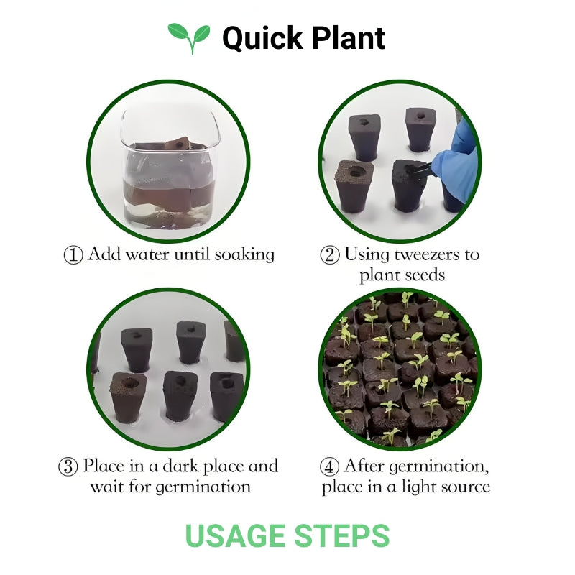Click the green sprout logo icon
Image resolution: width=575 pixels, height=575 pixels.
pyautogui.click(x=189, y=37)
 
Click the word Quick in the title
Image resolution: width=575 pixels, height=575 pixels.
pyautogui.click(x=259, y=37)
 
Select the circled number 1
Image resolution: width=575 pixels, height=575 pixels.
pyautogui.click(x=73, y=255)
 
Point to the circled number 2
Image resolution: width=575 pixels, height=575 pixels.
pyautogui.click(x=330, y=255)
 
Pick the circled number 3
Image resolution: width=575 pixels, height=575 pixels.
pyautogui.click(x=68, y=466)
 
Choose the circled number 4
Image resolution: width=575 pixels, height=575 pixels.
pyautogui.click(x=330, y=466)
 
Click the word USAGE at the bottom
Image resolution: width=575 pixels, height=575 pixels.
pyautogui.click(x=236, y=536)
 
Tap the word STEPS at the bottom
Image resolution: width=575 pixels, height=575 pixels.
pyautogui.click(x=342, y=536)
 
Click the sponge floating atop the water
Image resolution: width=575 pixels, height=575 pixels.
pyautogui.click(x=175, y=144)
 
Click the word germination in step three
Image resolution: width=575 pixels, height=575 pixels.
pyautogui.click(x=203, y=487)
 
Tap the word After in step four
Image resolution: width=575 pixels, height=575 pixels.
pyautogui.click(x=363, y=466)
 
